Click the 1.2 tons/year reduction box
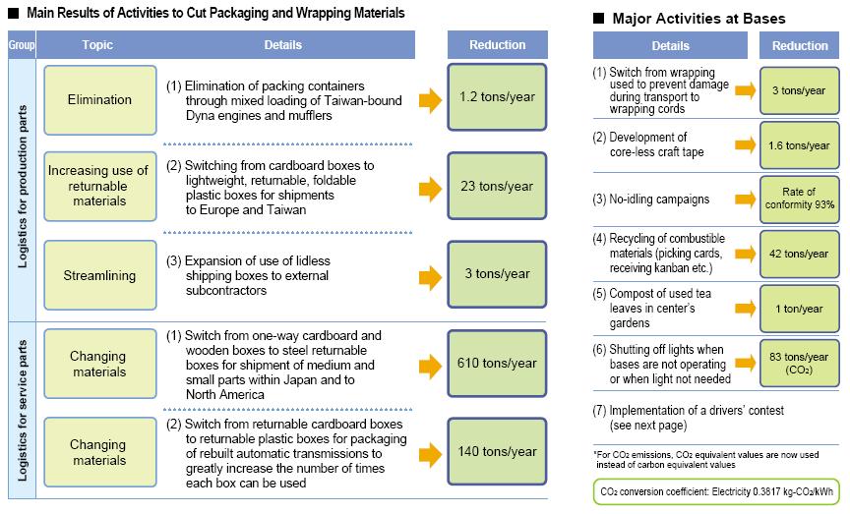pos(497,99)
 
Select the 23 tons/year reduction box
pos(497,187)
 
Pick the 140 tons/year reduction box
pos(497,451)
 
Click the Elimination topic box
pos(99,100)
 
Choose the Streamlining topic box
pos(99,275)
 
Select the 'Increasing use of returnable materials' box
pos(99,187)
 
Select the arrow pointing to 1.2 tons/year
pos(430,99)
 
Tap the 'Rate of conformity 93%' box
pos(800,200)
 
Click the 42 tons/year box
pos(800,254)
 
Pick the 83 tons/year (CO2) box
pos(800,364)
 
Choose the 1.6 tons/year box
pos(800,145)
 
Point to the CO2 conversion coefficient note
pos(717,491)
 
